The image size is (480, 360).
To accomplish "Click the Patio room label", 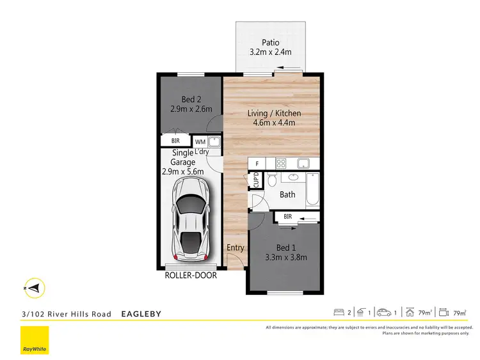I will click(x=269, y=43).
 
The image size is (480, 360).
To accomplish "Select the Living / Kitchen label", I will click(x=274, y=114).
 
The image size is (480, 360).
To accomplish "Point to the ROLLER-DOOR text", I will click(x=191, y=276).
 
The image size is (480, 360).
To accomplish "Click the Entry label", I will click(x=235, y=247).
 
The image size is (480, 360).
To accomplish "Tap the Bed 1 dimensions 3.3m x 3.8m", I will click(x=285, y=258).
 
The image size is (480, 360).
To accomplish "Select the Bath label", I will click(x=287, y=194).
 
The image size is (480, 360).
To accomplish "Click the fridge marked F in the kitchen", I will click(x=257, y=164).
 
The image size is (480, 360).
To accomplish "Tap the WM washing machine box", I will click(x=200, y=141).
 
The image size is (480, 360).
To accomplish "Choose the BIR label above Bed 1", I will click(x=288, y=217).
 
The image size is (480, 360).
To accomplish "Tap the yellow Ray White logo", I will click(x=35, y=341).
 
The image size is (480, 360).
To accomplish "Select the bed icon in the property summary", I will click(x=339, y=313).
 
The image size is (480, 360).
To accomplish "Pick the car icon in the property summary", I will click(x=384, y=313).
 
